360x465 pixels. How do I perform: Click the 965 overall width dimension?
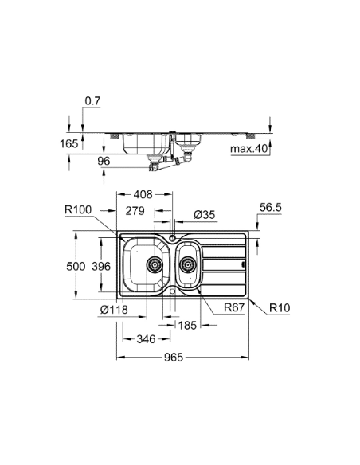tap(174, 358)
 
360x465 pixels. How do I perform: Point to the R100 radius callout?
tap(80, 210)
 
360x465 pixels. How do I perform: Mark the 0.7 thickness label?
tap(93, 101)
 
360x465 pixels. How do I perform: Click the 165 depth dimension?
tap(70, 144)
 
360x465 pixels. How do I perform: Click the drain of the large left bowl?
tap(154, 264)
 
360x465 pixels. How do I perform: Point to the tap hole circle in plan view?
tap(173, 238)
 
